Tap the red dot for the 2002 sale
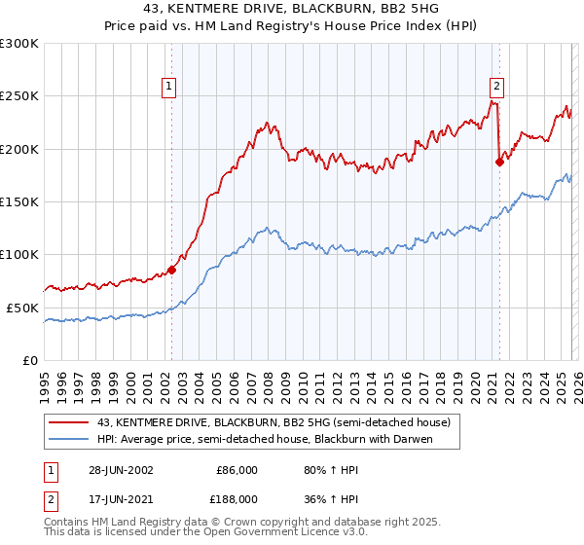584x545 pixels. pyautogui.click(x=172, y=270)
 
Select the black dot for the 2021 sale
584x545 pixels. pyautogui.click(x=499, y=163)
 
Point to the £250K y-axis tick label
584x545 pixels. pyautogui.click(x=19, y=96)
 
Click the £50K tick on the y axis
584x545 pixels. pyautogui.click(x=22, y=308)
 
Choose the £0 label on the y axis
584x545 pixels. pyautogui.click(x=31, y=360)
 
